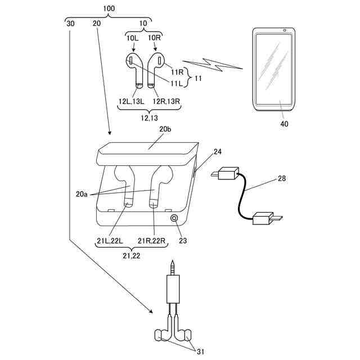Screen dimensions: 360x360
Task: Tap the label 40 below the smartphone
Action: pyautogui.click(x=284, y=123)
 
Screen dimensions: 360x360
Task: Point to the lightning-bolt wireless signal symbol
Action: pyautogui.click(x=214, y=62)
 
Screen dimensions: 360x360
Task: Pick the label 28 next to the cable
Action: pyautogui.click(x=281, y=178)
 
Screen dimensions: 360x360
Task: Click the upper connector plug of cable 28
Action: pyautogui.click(x=226, y=174)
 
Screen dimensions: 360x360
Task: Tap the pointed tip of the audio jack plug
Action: pyautogui.click(x=174, y=263)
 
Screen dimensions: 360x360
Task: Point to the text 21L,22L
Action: pyautogui.click(x=110, y=242)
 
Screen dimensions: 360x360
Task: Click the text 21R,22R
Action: pyautogui.click(x=152, y=242)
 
